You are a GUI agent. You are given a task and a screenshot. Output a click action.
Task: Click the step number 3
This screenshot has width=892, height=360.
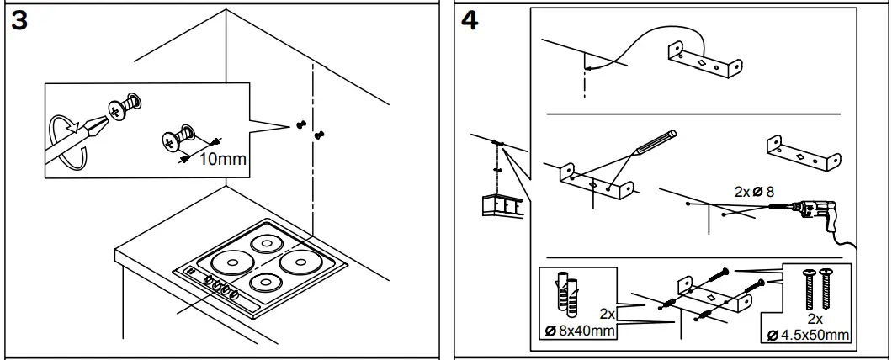19,21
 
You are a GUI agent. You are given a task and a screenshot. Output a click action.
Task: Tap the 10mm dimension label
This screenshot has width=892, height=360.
221,159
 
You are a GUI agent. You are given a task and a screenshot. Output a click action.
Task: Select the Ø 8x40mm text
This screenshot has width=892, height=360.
580,331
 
